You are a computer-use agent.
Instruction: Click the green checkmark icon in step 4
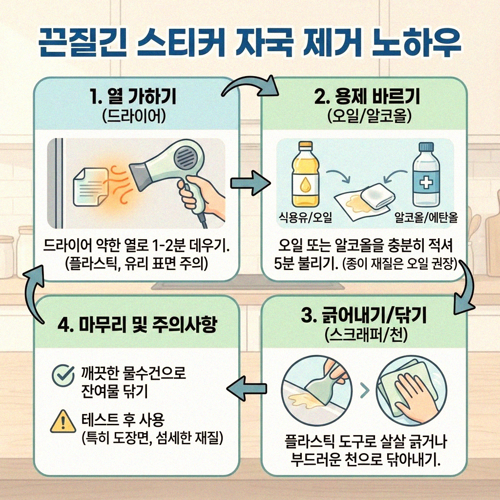[60, 375]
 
